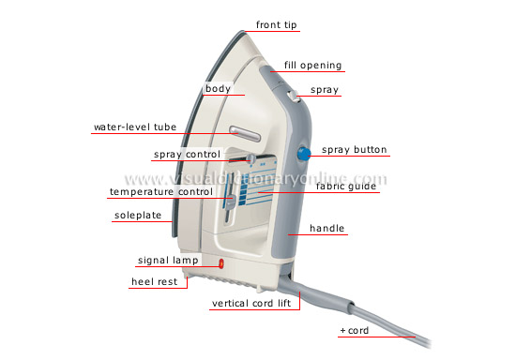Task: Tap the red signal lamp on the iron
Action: (x=221, y=265)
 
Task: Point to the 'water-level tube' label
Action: (x=134, y=127)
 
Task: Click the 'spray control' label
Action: (x=187, y=154)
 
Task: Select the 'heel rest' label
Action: (x=154, y=281)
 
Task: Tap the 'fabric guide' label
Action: (x=345, y=187)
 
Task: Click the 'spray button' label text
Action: (x=354, y=150)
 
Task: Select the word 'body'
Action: (x=218, y=89)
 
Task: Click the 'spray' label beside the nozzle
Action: (x=325, y=90)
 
